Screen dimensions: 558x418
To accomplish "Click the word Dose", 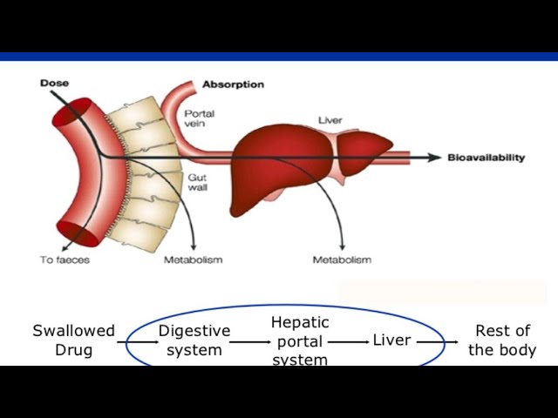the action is (54, 84).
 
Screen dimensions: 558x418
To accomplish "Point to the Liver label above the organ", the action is (330, 120).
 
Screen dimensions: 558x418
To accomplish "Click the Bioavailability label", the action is (487, 158).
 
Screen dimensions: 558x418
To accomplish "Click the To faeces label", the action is (65, 260).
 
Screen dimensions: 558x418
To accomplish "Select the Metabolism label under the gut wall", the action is (193, 260).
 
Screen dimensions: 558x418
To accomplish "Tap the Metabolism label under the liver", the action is (342, 260).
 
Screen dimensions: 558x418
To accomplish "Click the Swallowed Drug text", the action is (73, 340).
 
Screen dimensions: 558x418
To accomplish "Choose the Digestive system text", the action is (194, 340).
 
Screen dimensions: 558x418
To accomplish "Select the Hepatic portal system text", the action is (300, 341).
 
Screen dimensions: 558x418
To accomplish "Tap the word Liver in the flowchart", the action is (391, 340).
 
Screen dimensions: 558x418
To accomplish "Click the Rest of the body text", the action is (502, 340).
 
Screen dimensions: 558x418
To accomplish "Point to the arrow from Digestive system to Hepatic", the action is (251, 341).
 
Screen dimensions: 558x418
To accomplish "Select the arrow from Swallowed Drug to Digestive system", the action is (136, 341).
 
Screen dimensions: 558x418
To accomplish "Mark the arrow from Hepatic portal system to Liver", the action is (349, 341).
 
